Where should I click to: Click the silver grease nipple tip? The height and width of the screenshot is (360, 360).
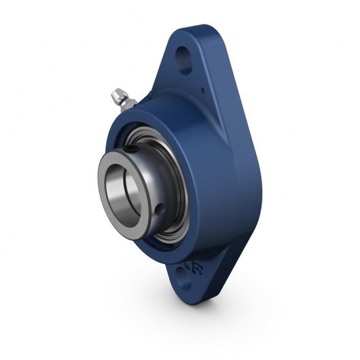[113, 92]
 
